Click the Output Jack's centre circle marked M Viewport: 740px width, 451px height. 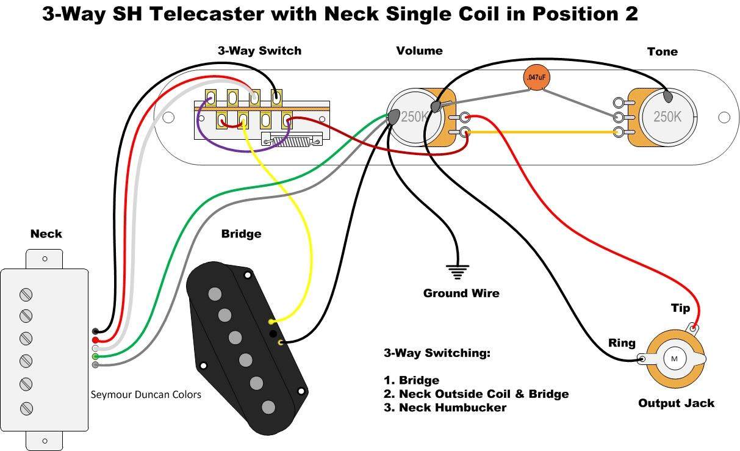pos(674,359)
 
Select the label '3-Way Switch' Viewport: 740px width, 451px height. pos(259,51)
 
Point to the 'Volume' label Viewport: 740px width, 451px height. pos(419,51)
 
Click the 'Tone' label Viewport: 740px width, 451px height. pos(662,52)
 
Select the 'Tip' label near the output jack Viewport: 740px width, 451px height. pos(680,308)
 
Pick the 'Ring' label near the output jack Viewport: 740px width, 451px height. pos(622,343)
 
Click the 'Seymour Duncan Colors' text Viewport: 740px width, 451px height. pos(146,394)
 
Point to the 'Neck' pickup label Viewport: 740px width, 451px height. pos(46,234)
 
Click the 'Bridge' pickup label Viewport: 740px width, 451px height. pos(241,234)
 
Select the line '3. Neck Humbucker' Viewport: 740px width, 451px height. pos(445,408)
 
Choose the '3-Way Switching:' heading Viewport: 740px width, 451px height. pos(437,353)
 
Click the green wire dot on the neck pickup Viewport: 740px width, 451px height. pos(95,356)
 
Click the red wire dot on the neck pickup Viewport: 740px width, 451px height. pos(95,340)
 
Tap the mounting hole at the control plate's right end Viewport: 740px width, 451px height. pos(724,117)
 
